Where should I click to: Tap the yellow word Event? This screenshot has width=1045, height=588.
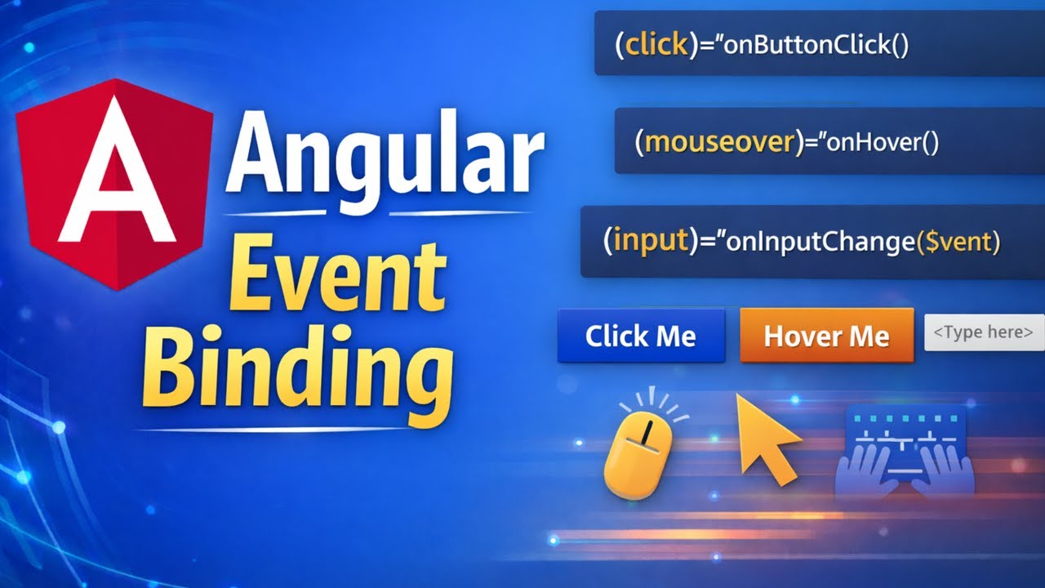pyautogui.click(x=337, y=276)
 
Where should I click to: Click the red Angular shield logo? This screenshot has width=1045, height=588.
pyautogui.click(x=114, y=184)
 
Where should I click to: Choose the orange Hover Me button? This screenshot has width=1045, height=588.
pyautogui.click(x=826, y=335)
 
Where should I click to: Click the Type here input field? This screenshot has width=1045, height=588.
pyautogui.click(x=984, y=332)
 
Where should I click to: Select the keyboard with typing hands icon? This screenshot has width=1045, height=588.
pyautogui.click(x=905, y=453)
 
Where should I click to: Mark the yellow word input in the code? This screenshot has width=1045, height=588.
pyautogui.click(x=651, y=242)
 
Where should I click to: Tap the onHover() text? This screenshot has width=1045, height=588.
pyautogui.click(x=883, y=143)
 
